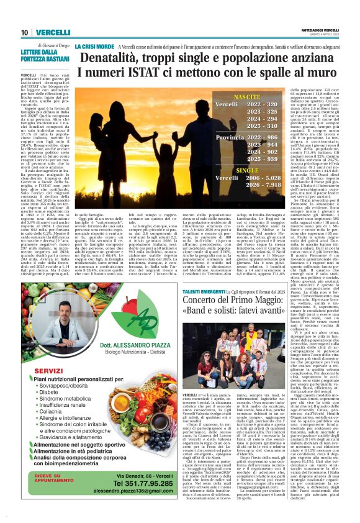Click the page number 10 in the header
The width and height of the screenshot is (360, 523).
point(24,32)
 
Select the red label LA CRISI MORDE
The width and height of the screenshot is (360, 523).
point(94,47)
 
